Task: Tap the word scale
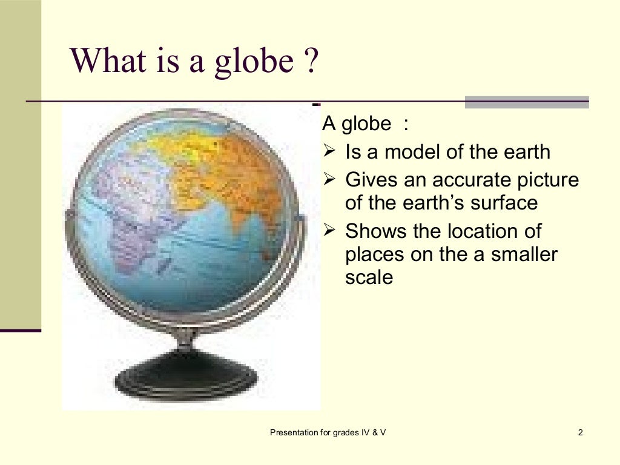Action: coord(369,277)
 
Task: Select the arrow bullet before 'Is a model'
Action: coord(330,151)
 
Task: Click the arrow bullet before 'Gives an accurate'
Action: coord(330,179)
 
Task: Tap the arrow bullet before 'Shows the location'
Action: coord(330,231)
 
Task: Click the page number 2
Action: coord(581,432)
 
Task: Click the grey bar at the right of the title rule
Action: coord(527,102)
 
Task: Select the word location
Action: coord(493,231)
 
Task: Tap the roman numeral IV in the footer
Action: coord(366,432)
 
